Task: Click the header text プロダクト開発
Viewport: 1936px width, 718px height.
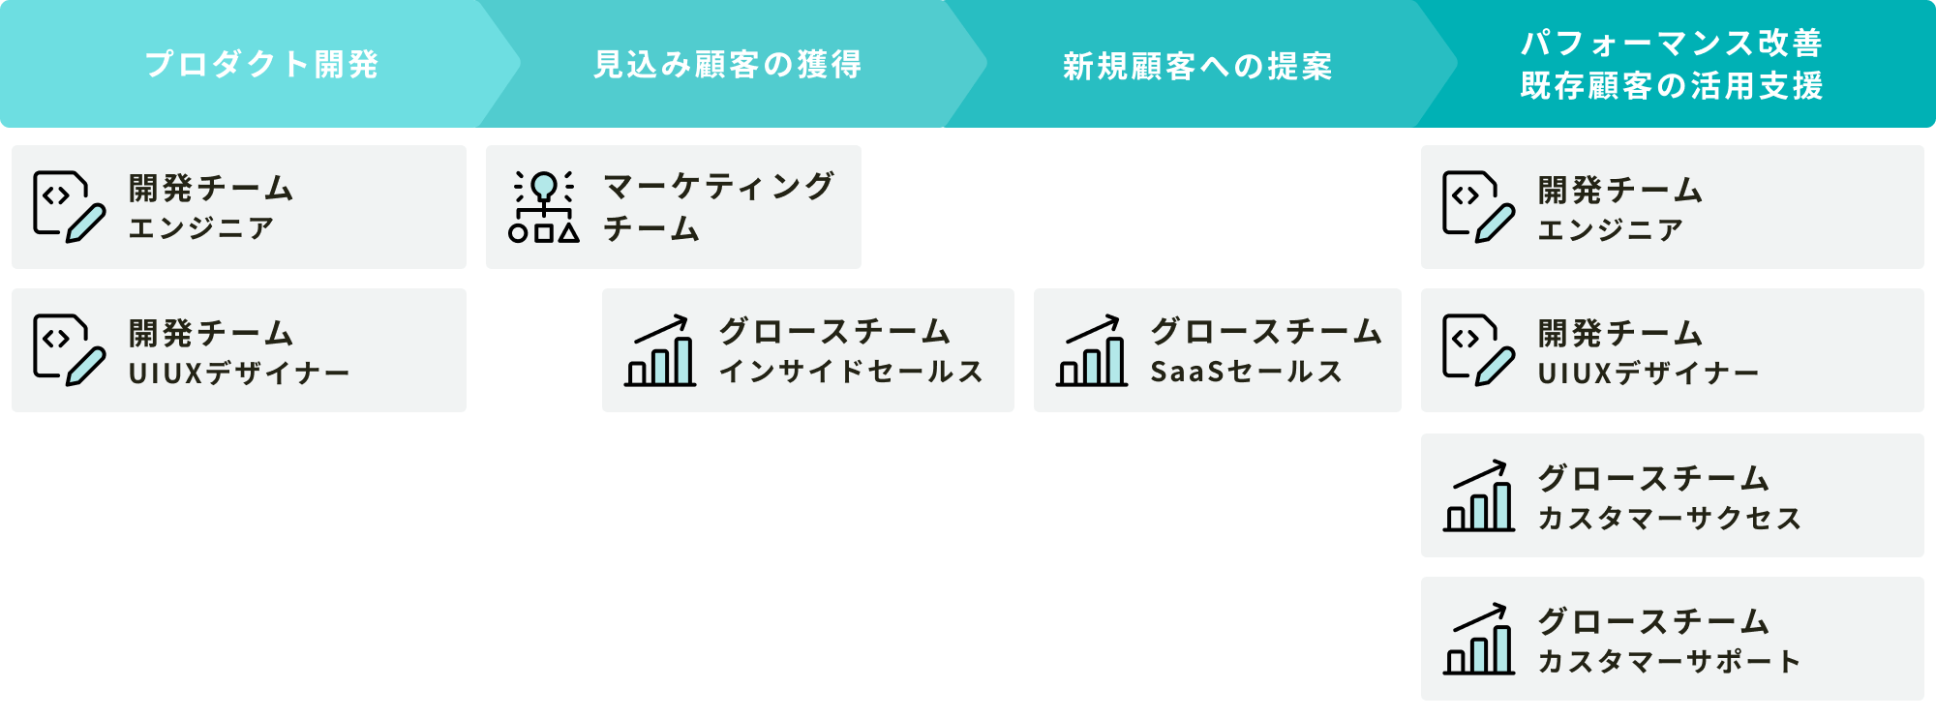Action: (x=261, y=65)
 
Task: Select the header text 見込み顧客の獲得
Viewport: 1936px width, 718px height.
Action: (x=727, y=65)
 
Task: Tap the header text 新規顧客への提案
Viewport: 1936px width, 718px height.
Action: (x=1197, y=67)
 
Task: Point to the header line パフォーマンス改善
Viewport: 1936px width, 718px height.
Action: (x=1672, y=44)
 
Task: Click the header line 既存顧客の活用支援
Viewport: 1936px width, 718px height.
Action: (x=1672, y=86)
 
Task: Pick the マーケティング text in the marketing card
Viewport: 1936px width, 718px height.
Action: (x=718, y=186)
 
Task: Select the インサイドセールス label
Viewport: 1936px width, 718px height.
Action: (x=851, y=372)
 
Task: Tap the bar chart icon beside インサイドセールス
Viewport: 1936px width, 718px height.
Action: (x=660, y=351)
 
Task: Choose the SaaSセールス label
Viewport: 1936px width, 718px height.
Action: (x=1246, y=372)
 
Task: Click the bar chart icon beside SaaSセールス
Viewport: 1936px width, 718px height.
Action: (x=1092, y=351)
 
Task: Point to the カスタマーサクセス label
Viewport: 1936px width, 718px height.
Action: (x=1670, y=519)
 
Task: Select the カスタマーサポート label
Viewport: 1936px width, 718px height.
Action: (x=1670, y=662)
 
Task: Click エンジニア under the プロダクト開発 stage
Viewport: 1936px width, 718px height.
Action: (x=201, y=228)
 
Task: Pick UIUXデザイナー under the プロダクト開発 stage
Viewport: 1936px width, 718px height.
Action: (x=239, y=373)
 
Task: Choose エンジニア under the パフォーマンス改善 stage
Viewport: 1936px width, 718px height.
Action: (x=1611, y=230)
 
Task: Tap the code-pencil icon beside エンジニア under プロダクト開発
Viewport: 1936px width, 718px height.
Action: (x=69, y=206)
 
